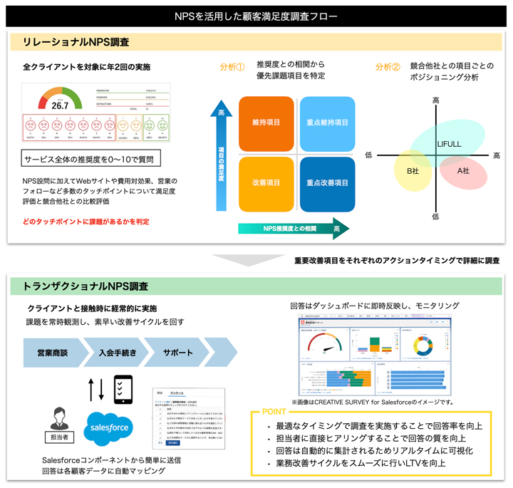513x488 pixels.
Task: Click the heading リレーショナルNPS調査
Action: pos(71,42)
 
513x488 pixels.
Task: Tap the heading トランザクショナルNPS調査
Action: pos(85,286)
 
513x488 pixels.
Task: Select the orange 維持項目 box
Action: pos(266,123)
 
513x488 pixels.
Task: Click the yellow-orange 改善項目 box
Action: pos(266,183)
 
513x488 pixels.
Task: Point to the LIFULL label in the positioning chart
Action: pos(449,145)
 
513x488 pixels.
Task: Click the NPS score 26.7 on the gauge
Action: pos(61,105)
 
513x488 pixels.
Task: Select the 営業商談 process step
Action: pos(52,353)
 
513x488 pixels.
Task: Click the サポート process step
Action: pos(177,353)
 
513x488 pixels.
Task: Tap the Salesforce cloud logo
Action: pos(108,427)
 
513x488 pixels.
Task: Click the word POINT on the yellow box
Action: pos(275,412)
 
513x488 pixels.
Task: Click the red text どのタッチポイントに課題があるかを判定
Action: pos(85,222)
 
